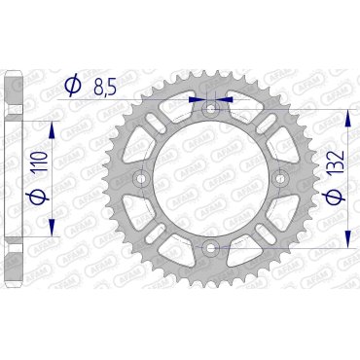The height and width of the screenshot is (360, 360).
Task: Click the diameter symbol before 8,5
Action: (71, 88)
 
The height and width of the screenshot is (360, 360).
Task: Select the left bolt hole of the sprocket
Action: (142, 180)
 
